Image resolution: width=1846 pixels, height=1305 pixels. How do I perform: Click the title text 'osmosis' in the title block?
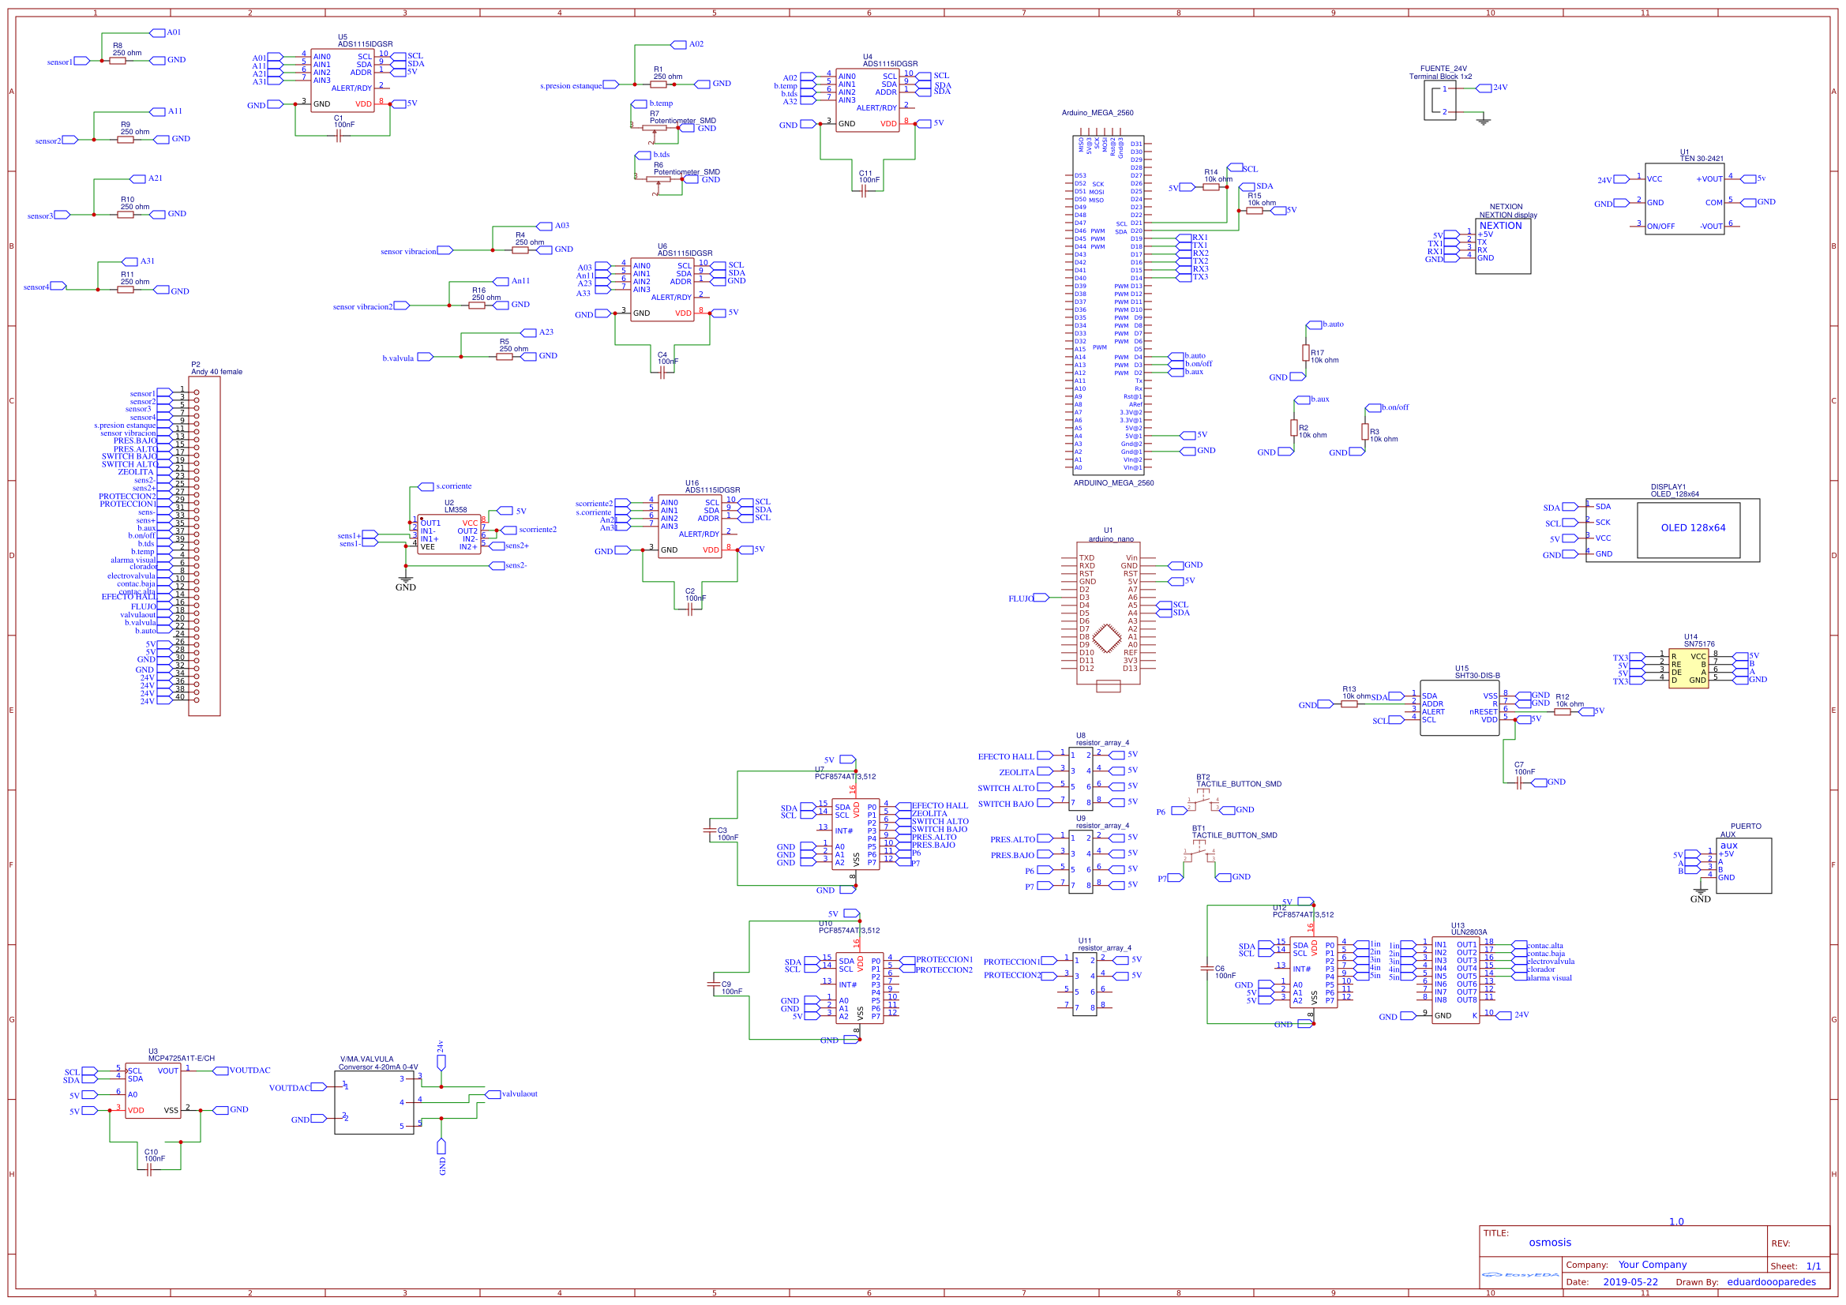coord(1549,1243)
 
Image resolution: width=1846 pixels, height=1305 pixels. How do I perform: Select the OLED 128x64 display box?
coord(1693,529)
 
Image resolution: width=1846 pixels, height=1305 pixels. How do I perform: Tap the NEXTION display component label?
coord(1507,216)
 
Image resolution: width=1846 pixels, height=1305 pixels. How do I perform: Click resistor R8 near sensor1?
coord(118,61)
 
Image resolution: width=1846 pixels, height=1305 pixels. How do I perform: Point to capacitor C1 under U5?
coord(339,136)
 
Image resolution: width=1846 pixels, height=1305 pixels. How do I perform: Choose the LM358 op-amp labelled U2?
coord(448,534)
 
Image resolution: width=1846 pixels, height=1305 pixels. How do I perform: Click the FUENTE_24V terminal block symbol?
coord(1439,100)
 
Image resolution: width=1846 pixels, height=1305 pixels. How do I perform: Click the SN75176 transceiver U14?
coord(1688,668)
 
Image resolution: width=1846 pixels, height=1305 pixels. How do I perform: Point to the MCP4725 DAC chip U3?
coord(152,1090)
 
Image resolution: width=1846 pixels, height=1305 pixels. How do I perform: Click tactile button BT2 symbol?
coord(1203,804)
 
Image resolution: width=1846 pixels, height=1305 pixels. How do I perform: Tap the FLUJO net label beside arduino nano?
coord(1020,598)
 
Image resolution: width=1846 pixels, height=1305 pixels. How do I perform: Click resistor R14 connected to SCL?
coord(1211,187)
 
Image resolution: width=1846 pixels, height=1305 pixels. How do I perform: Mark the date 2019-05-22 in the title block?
coord(1630,1282)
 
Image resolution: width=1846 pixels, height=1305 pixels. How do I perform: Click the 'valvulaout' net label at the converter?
coord(520,1094)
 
